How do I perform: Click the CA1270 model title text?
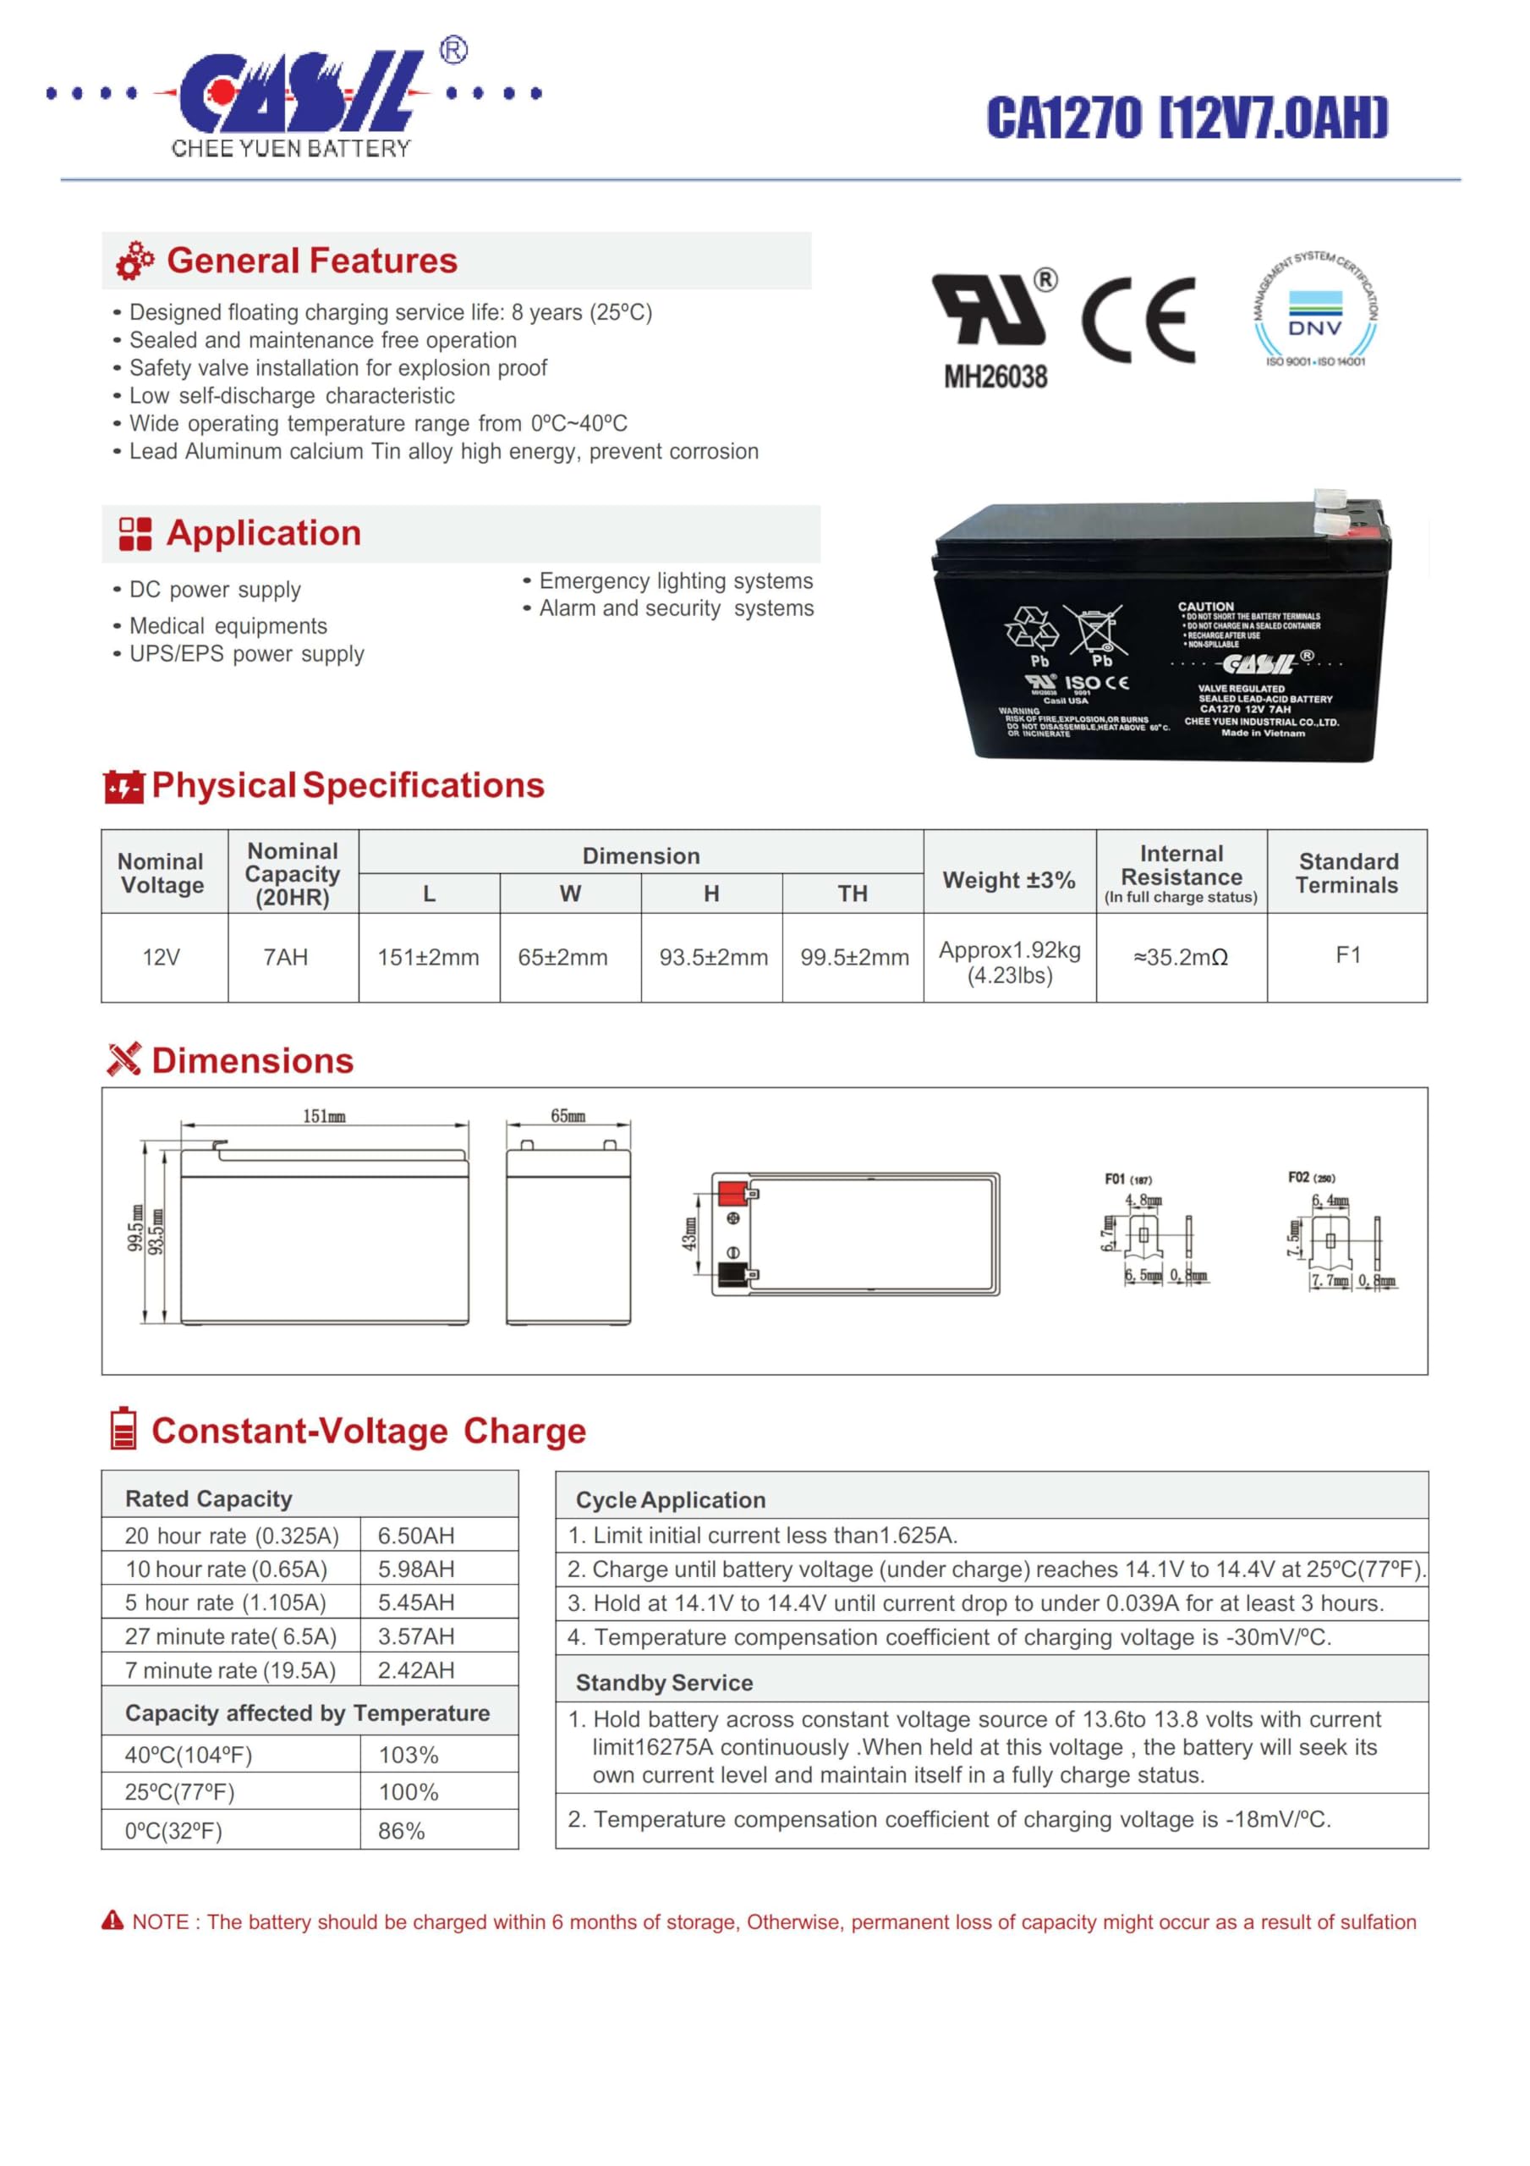tap(1187, 118)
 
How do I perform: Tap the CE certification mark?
tap(1138, 321)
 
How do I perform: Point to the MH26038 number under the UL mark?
tap(995, 377)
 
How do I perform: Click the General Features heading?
tap(311, 261)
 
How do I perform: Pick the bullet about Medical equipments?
tap(228, 625)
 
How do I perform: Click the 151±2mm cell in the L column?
tap(428, 958)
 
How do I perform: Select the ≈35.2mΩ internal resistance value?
tap(1180, 958)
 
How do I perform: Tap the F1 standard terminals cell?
tap(1347, 955)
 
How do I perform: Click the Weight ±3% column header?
tap(1008, 880)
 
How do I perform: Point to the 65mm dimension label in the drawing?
tap(568, 1116)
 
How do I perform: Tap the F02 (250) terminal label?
tap(1311, 1177)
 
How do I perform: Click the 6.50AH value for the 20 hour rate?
tap(416, 1536)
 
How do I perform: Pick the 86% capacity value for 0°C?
tap(401, 1831)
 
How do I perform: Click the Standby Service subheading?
tap(664, 1683)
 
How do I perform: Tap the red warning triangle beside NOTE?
tap(112, 1921)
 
